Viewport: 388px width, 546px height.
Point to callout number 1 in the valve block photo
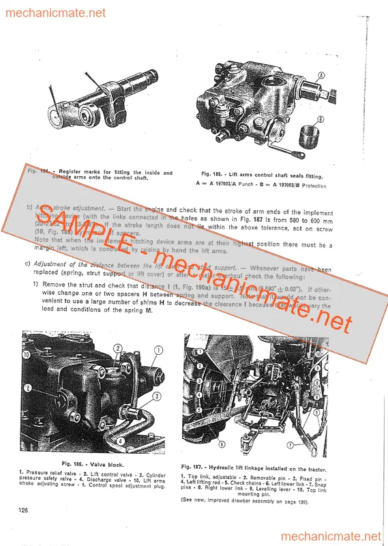tap(159, 352)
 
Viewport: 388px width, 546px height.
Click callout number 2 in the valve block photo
tap(119, 349)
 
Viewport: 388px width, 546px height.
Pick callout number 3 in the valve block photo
tap(156, 395)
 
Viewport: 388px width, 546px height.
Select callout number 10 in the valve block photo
tap(27, 355)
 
